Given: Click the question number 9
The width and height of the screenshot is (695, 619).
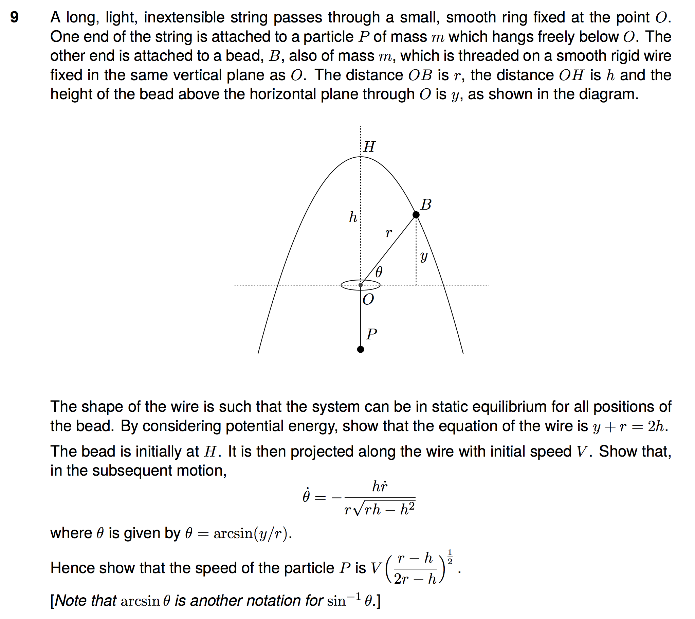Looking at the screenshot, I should (14, 17).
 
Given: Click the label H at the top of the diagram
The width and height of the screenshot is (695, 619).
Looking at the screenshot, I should (369, 147).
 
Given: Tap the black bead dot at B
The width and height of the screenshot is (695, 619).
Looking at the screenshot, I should (416, 215).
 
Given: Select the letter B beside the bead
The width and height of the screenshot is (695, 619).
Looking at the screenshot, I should (426, 205).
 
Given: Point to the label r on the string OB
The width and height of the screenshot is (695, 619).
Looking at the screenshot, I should (388, 233).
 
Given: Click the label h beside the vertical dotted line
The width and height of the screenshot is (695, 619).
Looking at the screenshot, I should (353, 217).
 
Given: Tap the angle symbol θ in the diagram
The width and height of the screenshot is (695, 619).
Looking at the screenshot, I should (379, 272).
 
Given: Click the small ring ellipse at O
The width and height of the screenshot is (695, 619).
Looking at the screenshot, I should (361, 285).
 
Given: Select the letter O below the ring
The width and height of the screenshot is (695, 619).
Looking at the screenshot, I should (368, 299).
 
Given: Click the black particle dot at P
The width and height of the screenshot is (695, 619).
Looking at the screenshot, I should (361, 350).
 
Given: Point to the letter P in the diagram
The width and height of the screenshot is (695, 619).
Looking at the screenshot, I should (371, 334).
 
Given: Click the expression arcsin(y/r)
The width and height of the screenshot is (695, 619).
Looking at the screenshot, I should (252, 534).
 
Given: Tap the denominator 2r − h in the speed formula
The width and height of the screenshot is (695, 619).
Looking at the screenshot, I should (415, 579).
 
